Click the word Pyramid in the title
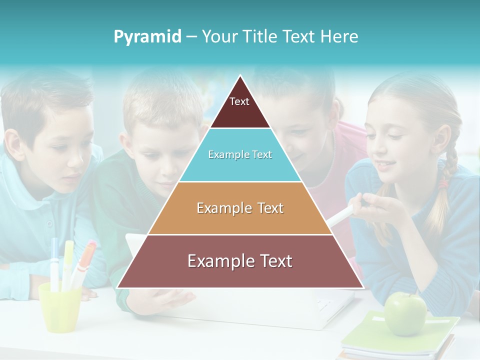[147, 37]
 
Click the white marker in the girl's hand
[340, 215]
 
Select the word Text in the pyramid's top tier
[239, 101]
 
